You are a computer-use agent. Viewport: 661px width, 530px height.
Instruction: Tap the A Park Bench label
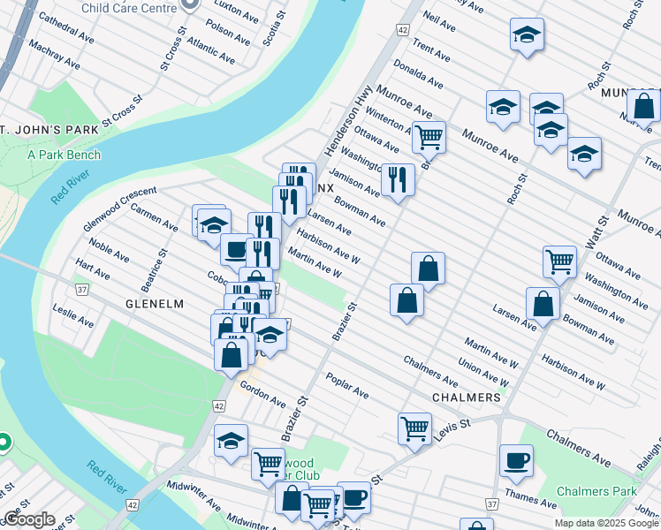(x=64, y=155)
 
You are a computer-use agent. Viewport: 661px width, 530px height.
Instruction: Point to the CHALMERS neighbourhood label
(x=467, y=397)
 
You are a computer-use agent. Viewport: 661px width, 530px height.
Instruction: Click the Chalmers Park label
(x=596, y=491)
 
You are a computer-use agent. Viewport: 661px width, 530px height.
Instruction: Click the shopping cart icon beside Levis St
(x=414, y=428)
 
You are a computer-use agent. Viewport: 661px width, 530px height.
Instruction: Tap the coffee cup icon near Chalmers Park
(x=516, y=459)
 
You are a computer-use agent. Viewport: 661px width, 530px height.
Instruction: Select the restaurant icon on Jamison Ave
(x=398, y=179)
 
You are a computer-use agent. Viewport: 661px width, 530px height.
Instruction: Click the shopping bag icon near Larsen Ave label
(x=542, y=304)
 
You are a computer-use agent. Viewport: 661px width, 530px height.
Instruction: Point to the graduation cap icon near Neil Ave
(x=527, y=36)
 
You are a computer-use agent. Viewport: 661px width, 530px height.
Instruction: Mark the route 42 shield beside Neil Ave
(x=402, y=29)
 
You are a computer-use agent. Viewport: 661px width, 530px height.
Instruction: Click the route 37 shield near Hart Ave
(x=82, y=289)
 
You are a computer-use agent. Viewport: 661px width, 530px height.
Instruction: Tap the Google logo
(x=30, y=519)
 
